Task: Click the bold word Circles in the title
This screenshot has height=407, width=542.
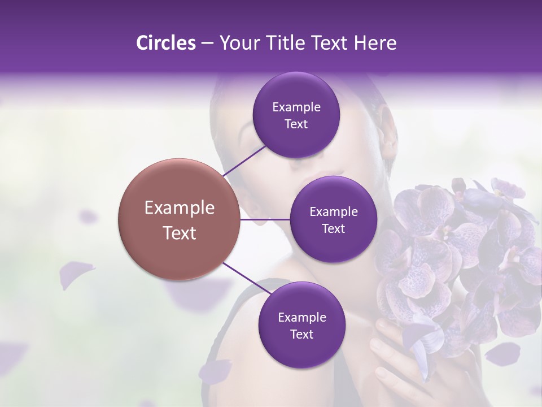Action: (165, 43)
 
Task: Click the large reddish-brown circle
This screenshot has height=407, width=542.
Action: (179, 219)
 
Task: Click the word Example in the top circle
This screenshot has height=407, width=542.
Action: (296, 107)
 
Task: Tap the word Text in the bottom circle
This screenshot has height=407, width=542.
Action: (301, 334)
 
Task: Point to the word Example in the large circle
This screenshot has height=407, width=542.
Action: (180, 208)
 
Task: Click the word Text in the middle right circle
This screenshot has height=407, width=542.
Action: (333, 228)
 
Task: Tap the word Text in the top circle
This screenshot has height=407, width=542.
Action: (296, 124)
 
